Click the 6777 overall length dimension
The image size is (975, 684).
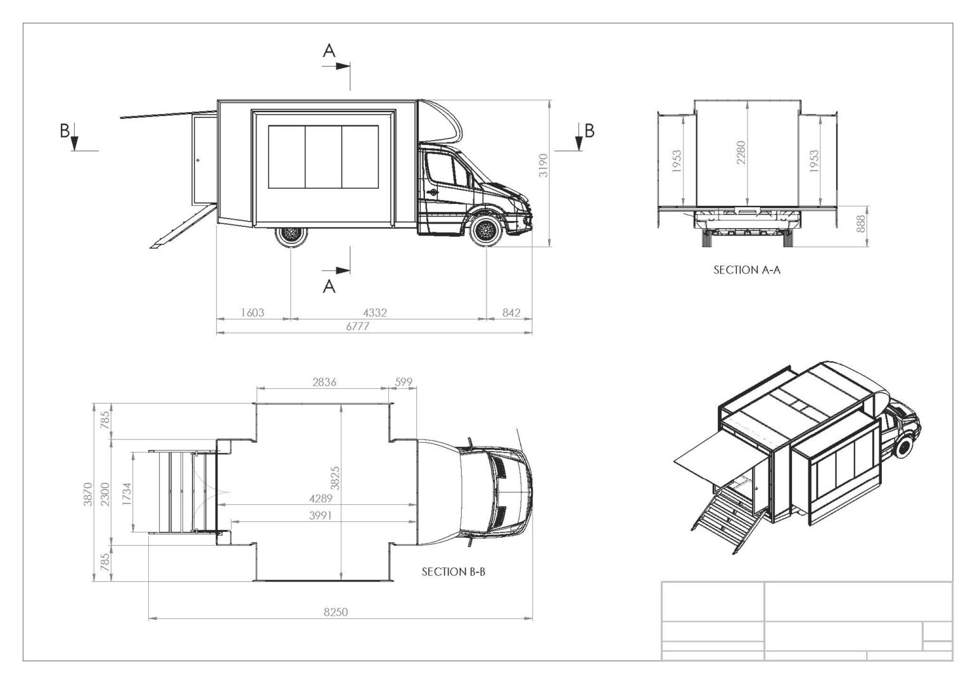[357, 326]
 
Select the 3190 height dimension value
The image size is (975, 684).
[543, 165]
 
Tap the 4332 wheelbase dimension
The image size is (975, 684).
[375, 312]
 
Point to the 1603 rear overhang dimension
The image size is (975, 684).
[252, 312]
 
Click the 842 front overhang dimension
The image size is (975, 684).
[511, 312]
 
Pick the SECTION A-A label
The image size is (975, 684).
[747, 270]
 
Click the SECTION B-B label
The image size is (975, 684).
[453, 572]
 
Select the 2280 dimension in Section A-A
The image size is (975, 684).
[741, 153]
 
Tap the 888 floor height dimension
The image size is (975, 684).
[860, 224]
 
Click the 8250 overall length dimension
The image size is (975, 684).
[336, 612]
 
